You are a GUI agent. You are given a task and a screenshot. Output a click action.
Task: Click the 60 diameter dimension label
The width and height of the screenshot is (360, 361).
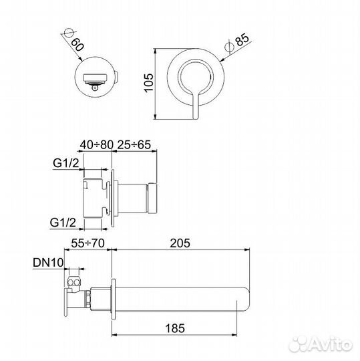point(77,44)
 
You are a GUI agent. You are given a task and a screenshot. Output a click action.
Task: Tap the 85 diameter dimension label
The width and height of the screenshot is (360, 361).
point(242,39)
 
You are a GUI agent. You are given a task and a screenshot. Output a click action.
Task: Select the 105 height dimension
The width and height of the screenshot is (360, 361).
point(149,83)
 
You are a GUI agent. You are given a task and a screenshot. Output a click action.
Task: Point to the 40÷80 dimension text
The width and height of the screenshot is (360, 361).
point(97,145)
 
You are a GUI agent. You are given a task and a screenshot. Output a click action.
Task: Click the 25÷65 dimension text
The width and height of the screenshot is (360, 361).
point(134,145)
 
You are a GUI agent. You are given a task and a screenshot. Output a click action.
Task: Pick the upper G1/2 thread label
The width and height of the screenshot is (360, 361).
point(66,163)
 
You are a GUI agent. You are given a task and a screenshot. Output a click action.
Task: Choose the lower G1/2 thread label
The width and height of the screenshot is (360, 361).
point(63,223)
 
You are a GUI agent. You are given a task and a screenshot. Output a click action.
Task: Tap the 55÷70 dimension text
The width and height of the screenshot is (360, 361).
point(88,243)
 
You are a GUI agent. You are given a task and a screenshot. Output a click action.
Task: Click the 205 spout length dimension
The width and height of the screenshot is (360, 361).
point(180,243)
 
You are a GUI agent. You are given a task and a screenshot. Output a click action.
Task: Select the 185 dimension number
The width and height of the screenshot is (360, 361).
point(175,328)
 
